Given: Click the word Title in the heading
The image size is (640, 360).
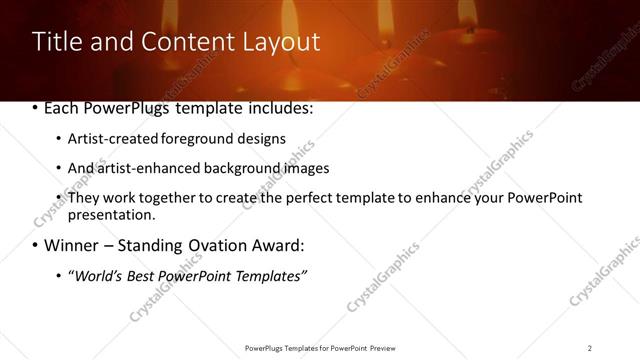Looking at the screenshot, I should point(57,42).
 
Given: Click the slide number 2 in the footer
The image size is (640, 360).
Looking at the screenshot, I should point(590,347).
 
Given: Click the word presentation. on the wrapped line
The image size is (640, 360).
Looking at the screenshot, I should point(112,214).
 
